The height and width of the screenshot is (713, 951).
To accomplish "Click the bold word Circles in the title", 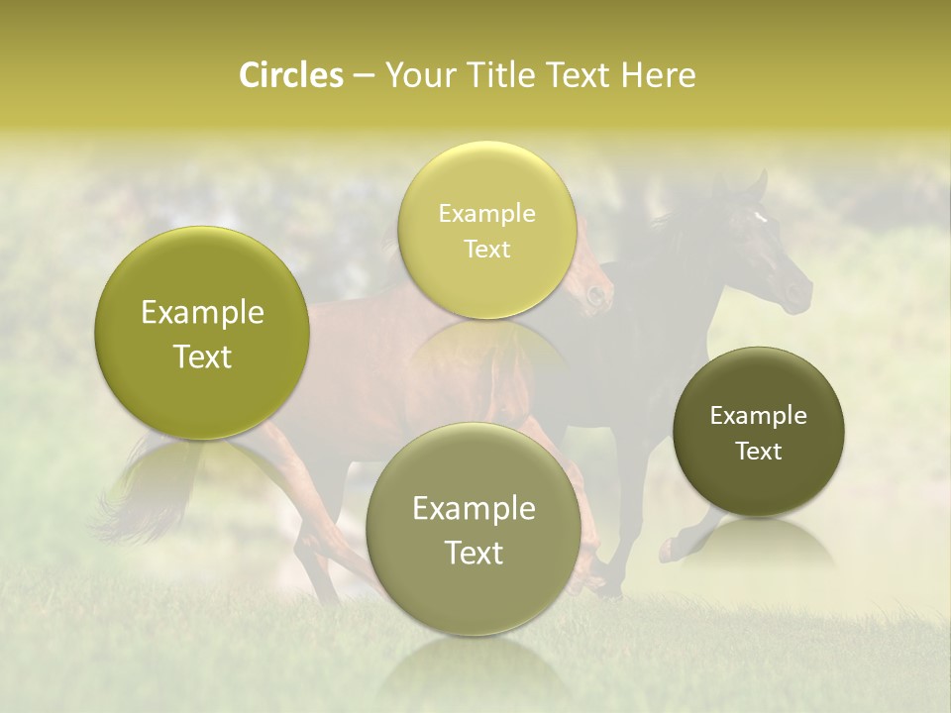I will tap(291, 75).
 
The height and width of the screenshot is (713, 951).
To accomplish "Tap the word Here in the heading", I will tap(659, 75).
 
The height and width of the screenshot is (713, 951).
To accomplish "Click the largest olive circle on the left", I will tap(202, 334).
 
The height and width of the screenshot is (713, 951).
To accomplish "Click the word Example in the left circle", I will tap(202, 313).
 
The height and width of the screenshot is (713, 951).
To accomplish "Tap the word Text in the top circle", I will tap(486, 249).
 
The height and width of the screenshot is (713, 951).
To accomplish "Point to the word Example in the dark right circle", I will tap(758, 416).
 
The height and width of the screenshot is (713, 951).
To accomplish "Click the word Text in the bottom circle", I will tap(474, 553).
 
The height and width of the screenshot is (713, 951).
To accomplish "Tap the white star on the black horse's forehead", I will tap(760, 217).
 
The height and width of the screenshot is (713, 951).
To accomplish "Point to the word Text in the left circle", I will tap(202, 356).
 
